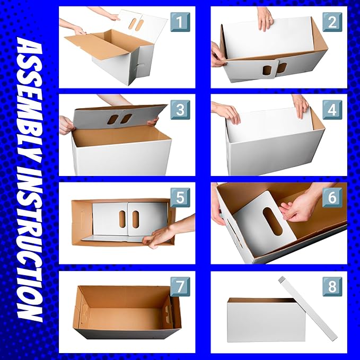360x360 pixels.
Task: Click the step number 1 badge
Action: [x=180, y=22]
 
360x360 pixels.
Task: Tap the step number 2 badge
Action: [x=332, y=22]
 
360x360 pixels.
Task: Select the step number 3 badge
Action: [x=180, y=110]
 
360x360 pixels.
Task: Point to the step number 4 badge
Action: [x=332, y=110]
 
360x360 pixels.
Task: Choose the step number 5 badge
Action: [x=180, y=197]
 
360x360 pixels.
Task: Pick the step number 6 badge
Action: [x=332, y=197]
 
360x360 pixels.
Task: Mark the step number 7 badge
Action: [x=180, y=286]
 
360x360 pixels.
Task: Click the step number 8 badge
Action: [x=332, y=286]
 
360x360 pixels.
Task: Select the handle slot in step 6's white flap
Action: [x=273, y=221]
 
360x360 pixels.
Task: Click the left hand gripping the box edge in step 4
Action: [x=226, y=112]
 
